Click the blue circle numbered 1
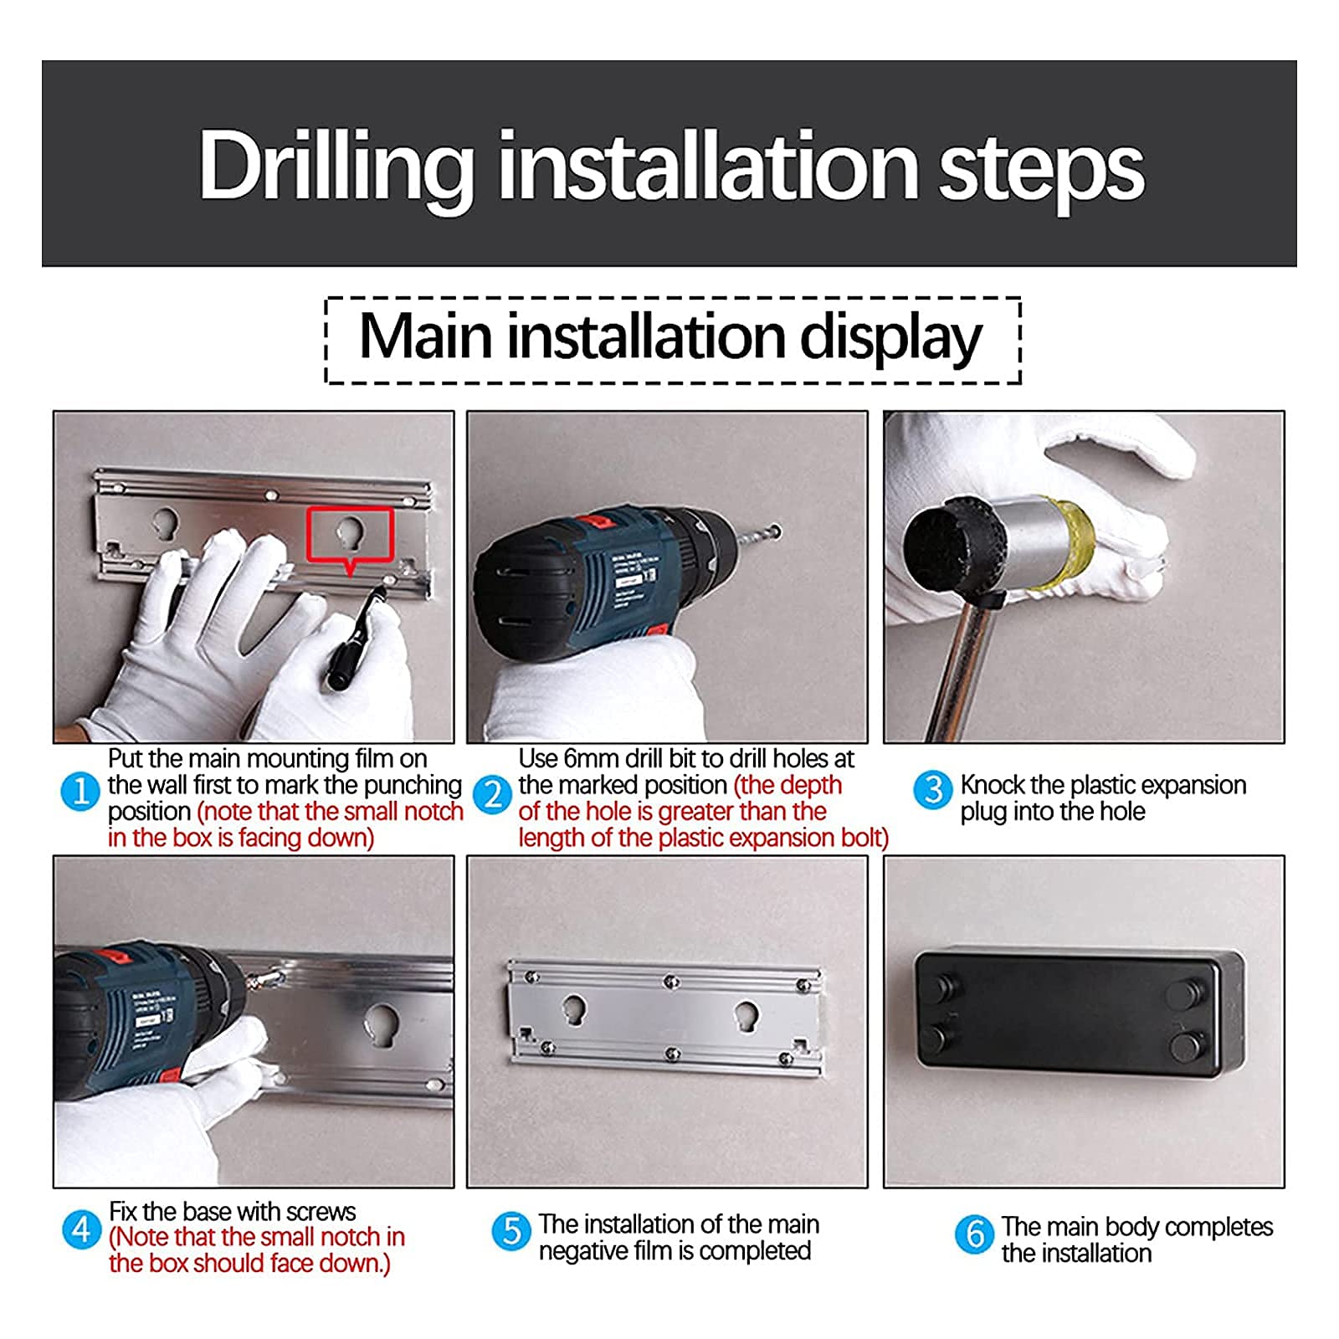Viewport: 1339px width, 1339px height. click(x=81, y=791)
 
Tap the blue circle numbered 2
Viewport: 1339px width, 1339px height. click(x=493, y=794)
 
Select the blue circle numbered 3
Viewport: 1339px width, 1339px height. click(x=933, y=790)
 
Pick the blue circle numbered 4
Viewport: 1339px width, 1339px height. click(x=82, y=1229)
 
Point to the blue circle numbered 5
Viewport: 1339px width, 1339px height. click(x=511, y=1232)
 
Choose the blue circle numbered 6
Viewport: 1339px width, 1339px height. click(x=975, y=1234)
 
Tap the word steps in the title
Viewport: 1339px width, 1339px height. click(x=1042, y=172)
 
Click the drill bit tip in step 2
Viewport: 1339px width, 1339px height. click(x=777, y=531)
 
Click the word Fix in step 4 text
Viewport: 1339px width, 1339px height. click(x=124, y=1212)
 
